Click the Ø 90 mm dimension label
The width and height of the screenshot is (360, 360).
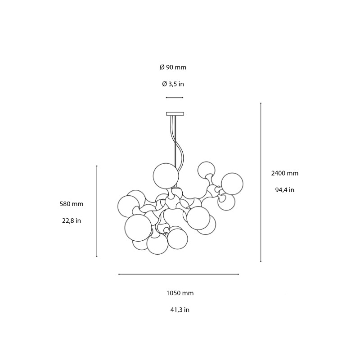pos(173,67)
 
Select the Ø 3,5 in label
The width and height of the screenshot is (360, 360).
pos(173,84)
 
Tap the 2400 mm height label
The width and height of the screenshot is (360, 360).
pos(284,173)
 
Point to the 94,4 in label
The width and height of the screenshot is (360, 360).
pos(284,189)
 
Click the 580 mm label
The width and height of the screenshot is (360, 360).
pos(72,204)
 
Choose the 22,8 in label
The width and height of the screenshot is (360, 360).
pos(72,220)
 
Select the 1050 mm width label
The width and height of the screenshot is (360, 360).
pos(180,293)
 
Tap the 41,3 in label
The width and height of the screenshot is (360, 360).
pos(180,310)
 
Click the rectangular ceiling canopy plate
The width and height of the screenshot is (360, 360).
pos(175,113)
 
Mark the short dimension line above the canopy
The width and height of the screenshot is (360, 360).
pos(175,98)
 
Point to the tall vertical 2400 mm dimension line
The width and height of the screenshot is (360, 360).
pos(261,182)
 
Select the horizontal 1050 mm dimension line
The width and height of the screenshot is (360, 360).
pos(179,274)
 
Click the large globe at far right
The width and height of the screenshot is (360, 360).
pos(232,184)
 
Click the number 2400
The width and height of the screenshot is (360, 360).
pos(279,173)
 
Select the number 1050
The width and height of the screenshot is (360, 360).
pos(174,293)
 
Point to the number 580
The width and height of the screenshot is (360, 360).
pos(65,204)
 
